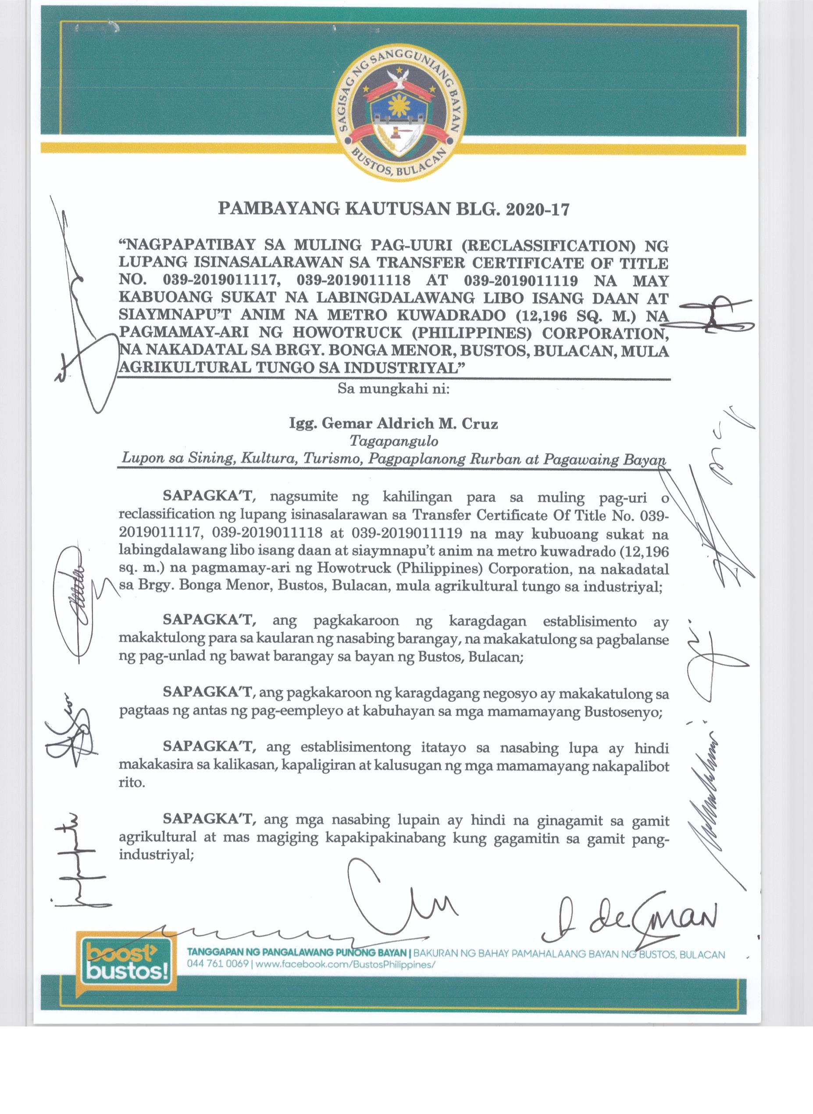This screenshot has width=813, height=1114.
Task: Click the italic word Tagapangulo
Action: point(393,441)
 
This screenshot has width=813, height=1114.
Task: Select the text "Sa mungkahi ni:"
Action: point(393,388)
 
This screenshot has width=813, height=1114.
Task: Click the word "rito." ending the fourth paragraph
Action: point(132,783)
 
